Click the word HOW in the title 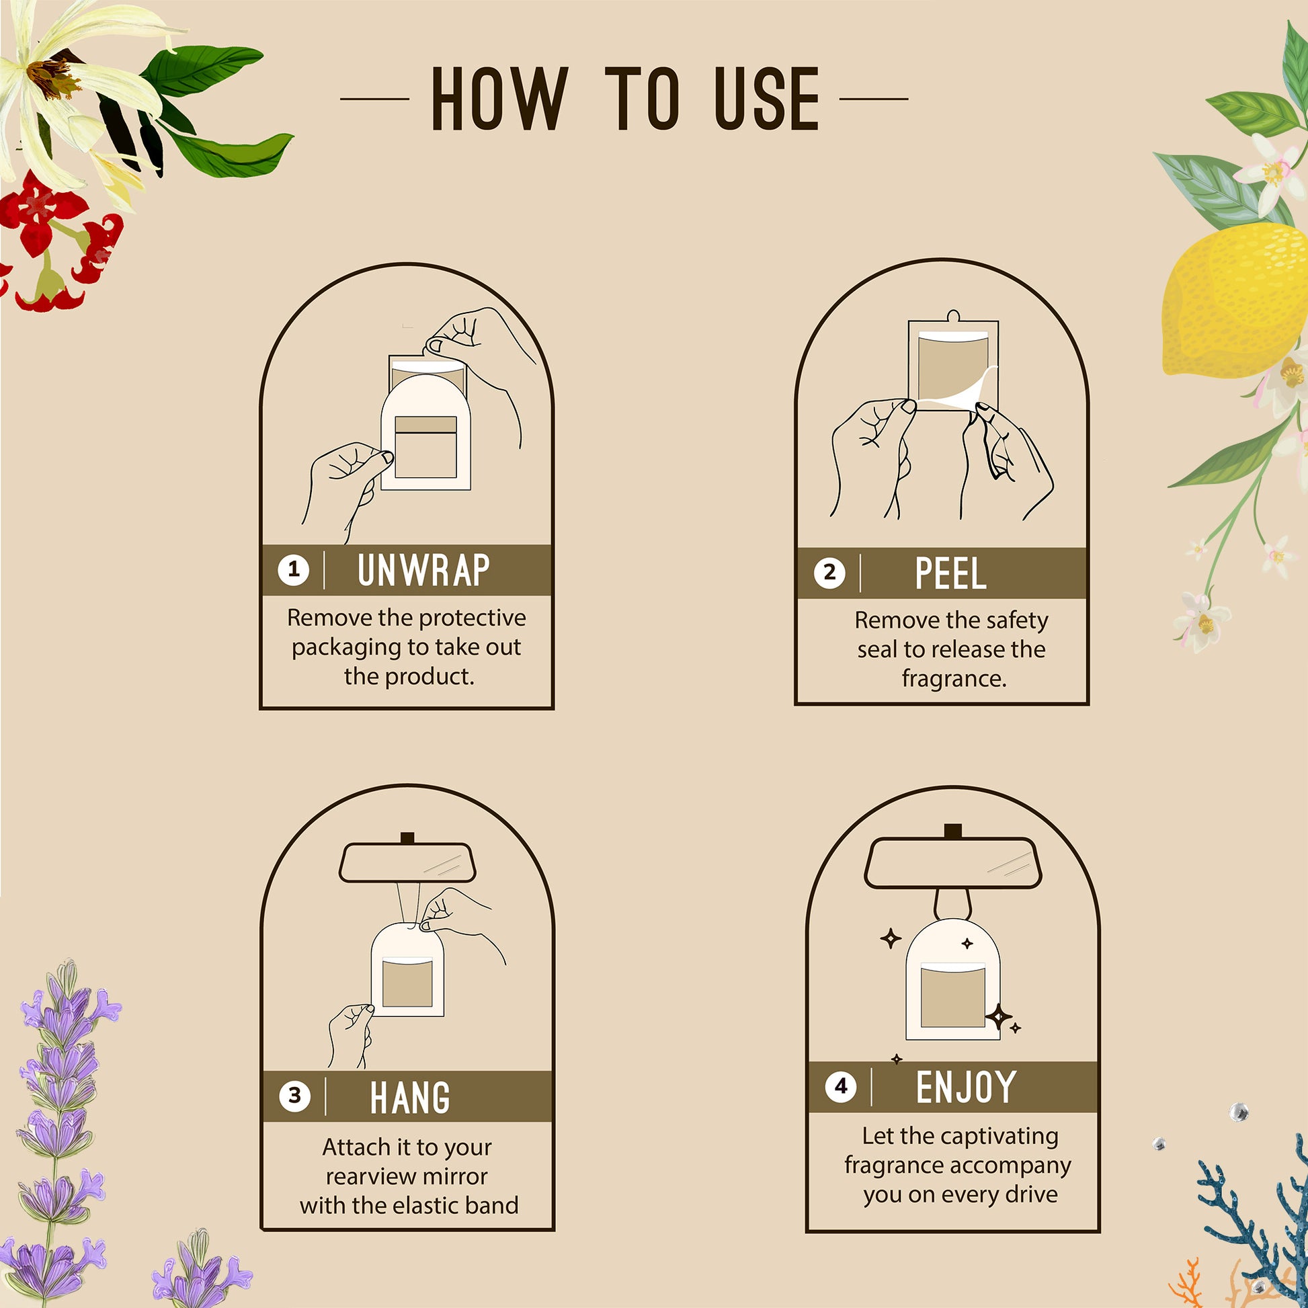coord(499,98)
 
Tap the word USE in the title coord(767,98)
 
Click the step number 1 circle coord(294,569)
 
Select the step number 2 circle coord(829,573)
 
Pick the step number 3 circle coord(294,1096)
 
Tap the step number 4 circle coord(841,1087)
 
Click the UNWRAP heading coord(423,570)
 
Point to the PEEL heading coord(950,573)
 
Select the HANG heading coord(409,1097)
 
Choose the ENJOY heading coord(966,1088)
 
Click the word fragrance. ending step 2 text coord(954,678)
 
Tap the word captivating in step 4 coord(1006,1137)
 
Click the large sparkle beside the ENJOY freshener coord(999,1017)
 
